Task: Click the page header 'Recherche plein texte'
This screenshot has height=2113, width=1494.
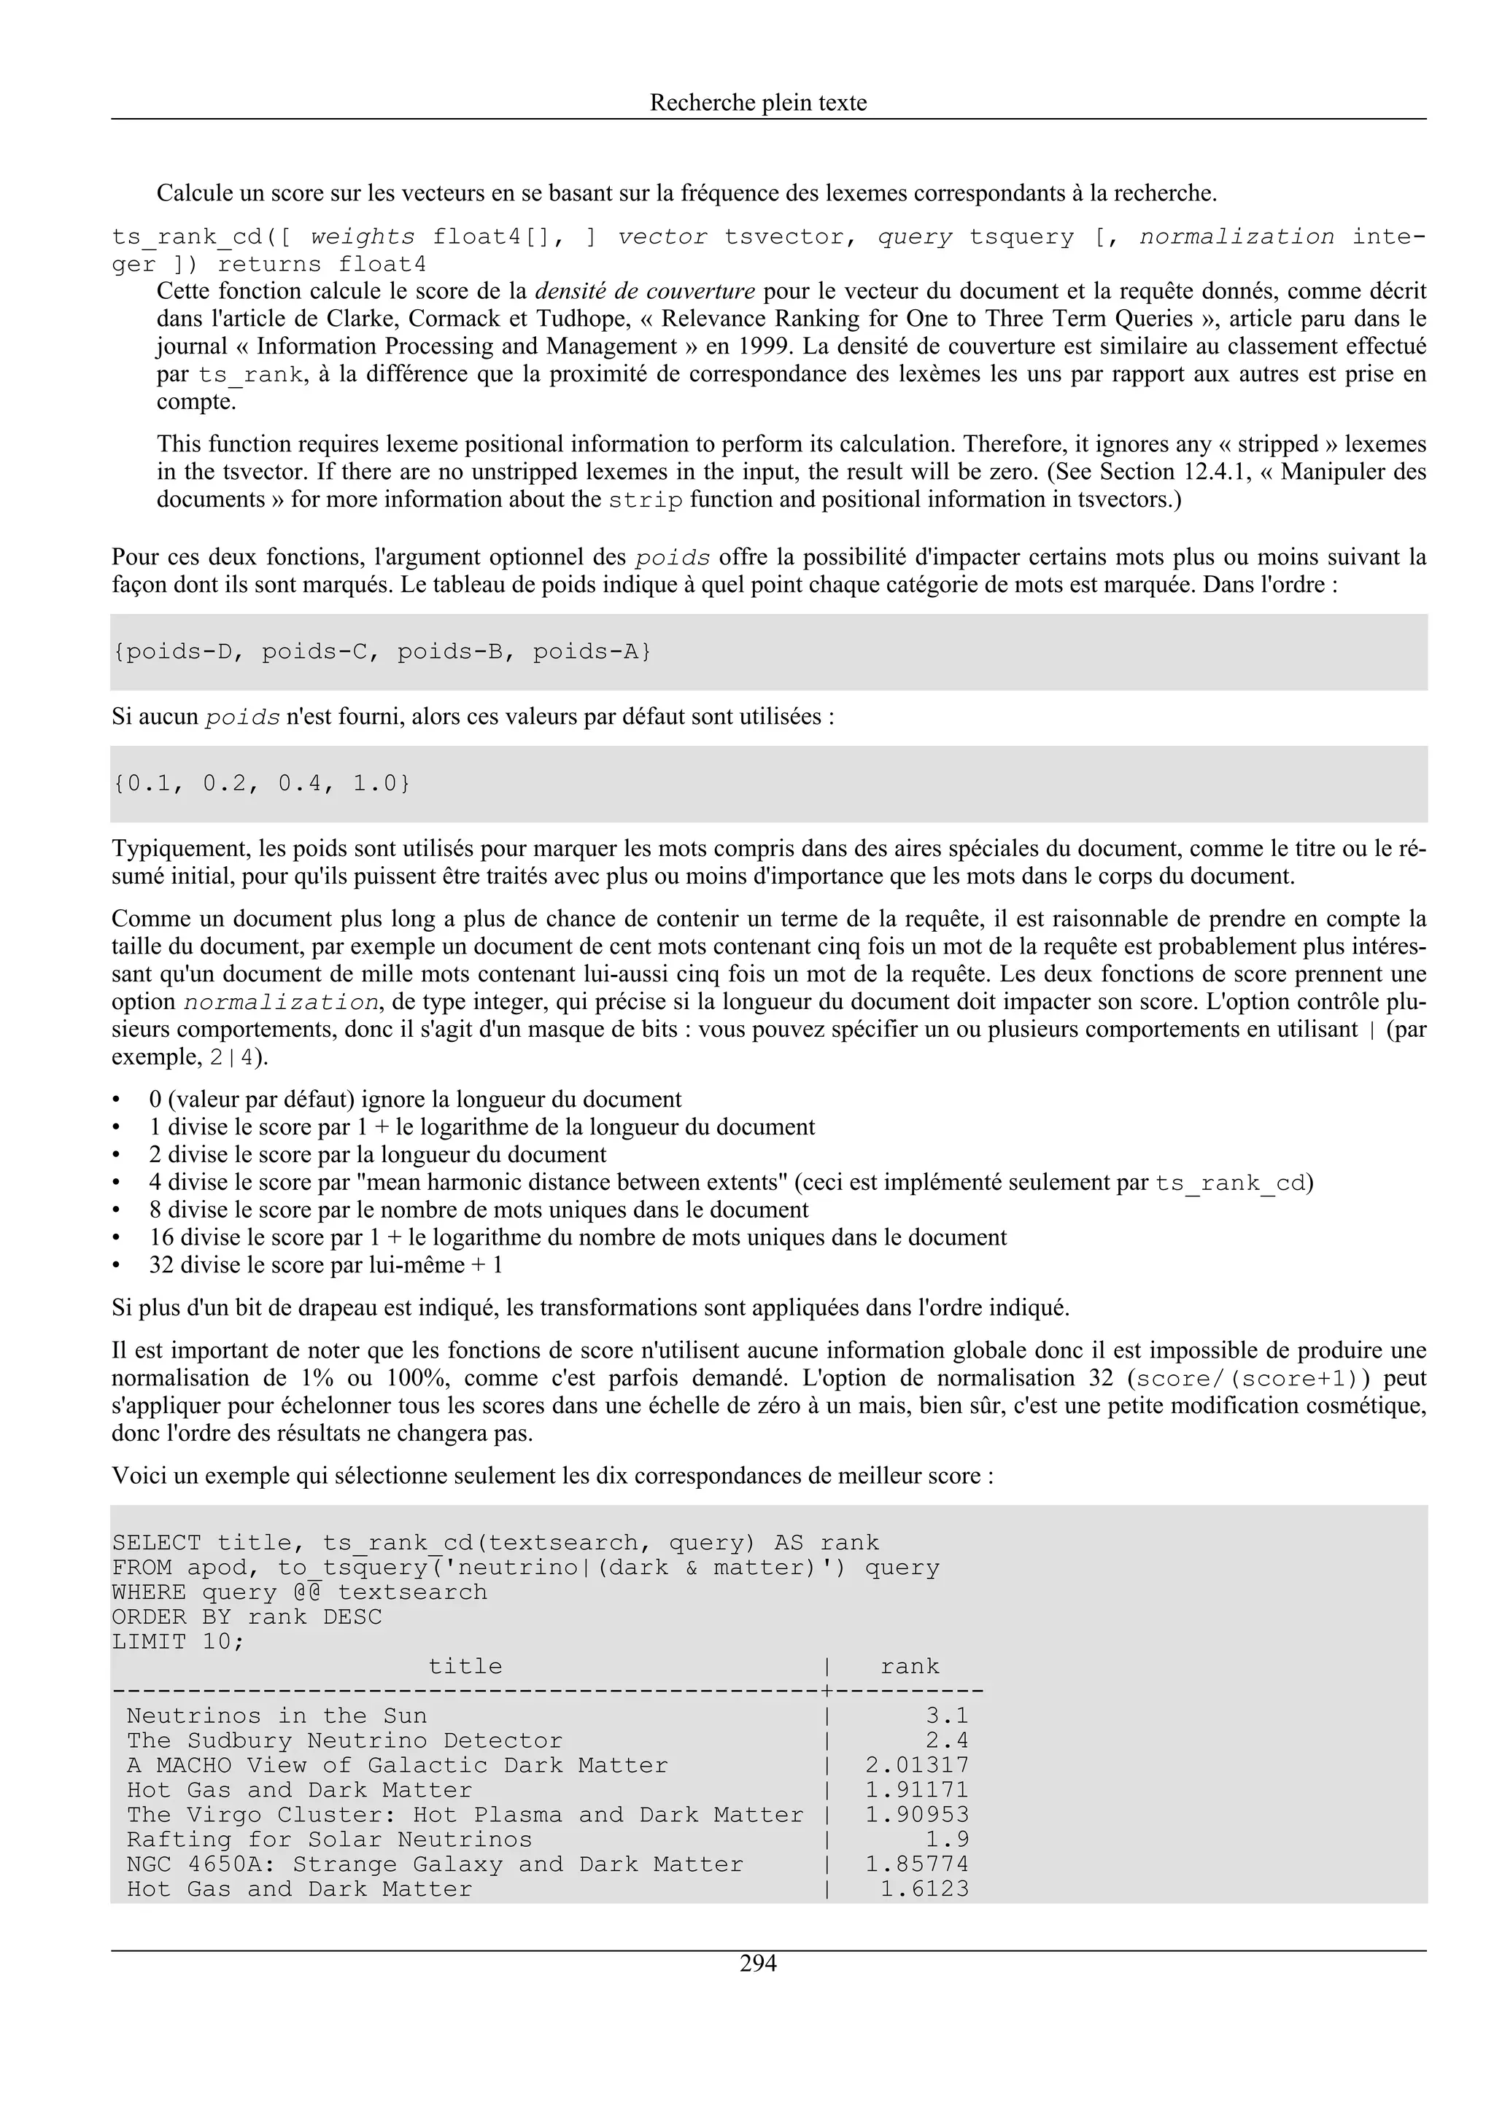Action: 758,102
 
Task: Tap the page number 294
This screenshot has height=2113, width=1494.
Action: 758,1964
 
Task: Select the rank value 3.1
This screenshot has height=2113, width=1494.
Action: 946,1716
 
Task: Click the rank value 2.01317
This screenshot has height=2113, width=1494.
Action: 917,1765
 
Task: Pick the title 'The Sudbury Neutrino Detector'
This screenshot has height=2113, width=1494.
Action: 344,1740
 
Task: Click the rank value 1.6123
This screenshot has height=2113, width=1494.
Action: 924,1888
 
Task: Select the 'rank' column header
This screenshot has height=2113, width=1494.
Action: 910,1667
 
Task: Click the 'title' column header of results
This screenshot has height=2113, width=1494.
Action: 466,1667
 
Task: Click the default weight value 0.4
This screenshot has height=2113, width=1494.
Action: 300,784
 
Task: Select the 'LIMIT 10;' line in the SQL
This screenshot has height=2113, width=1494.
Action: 179,1642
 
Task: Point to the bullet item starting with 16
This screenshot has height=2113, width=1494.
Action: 577,1237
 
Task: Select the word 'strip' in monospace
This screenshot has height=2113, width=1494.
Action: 646,501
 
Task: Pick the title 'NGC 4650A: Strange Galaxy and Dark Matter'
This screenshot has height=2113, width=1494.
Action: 435,1864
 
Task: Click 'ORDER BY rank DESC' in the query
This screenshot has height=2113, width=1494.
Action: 247,1617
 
